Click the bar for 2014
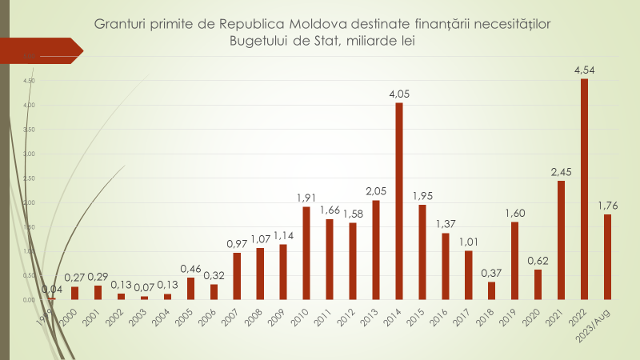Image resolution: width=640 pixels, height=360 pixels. [399, 201]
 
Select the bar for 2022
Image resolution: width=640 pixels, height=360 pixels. [585, 189]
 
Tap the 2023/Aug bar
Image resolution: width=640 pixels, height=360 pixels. [608, 257]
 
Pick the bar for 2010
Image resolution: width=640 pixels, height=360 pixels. [306, 253]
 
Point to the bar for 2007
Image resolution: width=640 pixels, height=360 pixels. [237, 276]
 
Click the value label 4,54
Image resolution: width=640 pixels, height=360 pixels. [585, 70]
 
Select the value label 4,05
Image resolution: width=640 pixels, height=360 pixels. [399, 94]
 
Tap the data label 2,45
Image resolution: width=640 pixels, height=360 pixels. [562, 172]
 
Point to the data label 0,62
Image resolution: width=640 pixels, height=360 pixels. [538, 261]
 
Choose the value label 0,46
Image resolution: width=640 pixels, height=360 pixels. [190, 269]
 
